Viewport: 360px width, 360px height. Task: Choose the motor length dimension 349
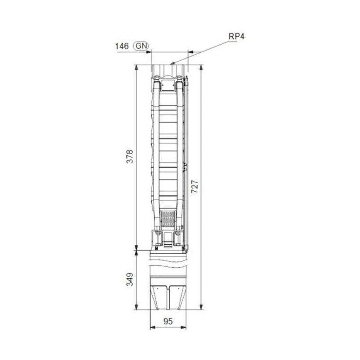130,279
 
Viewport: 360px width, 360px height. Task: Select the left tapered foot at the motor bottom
160,297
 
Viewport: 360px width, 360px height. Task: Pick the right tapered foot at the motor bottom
176,297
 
